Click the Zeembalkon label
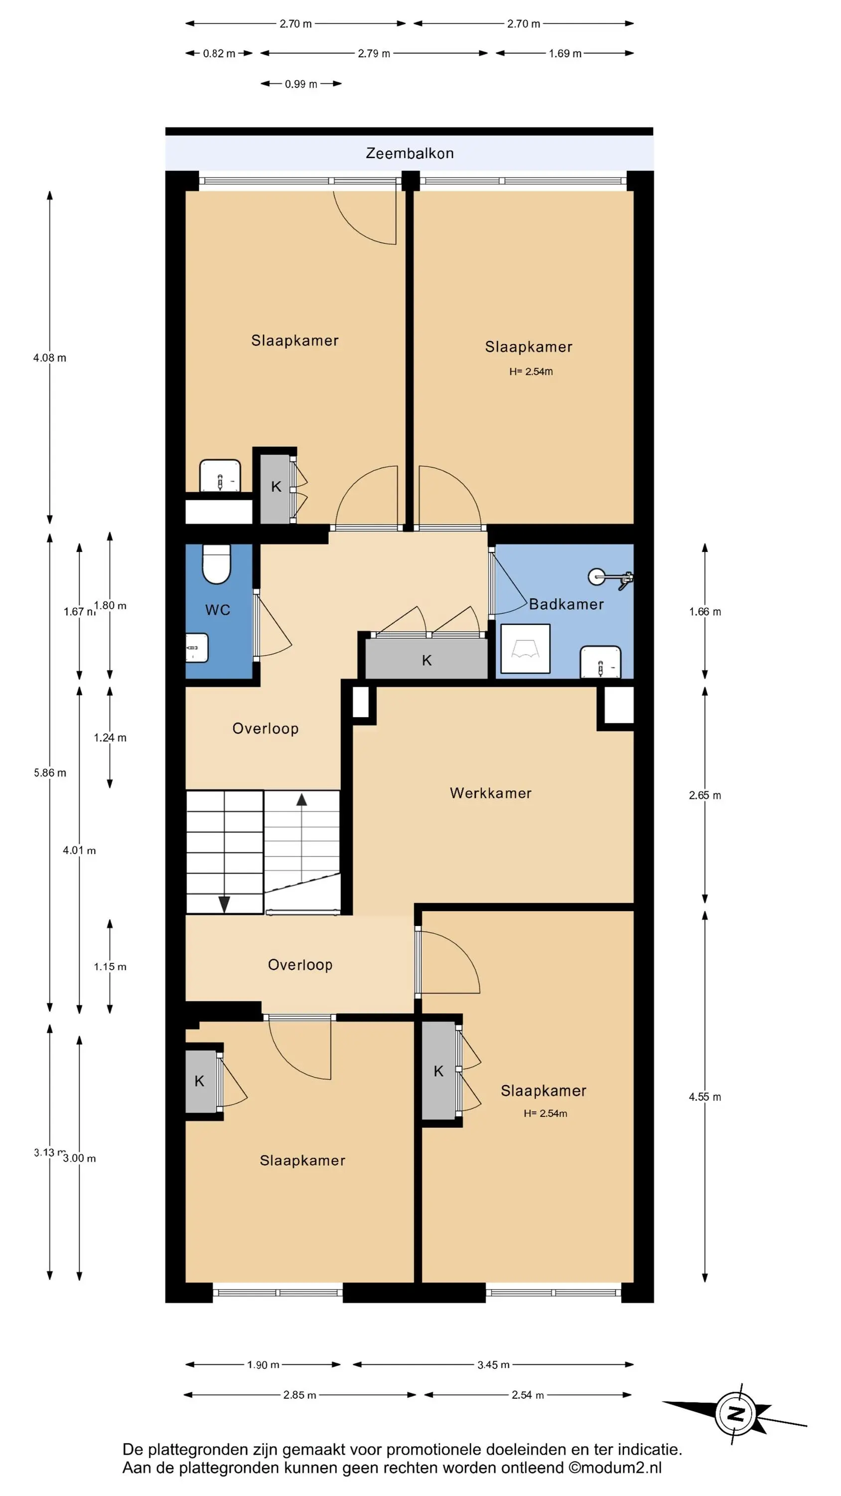pos(409,153)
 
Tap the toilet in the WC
pos(217,563)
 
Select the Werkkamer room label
pos(490,793)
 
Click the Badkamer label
pos(566,604)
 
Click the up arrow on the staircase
pos(301,800)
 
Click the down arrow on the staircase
pos(224,904)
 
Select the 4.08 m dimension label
pos(50,358)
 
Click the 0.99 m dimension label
pos(300,84)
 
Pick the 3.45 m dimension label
pos(493,1365)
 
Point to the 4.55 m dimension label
pos(704,1097)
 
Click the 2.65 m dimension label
pos(704,795)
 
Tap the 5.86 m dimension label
pos(50,772)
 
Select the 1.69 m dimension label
pos(564,53)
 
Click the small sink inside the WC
pos(197,648)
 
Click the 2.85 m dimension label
pos(299,1395)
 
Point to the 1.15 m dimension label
pos(110,966)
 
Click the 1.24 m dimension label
pos(110,738)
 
